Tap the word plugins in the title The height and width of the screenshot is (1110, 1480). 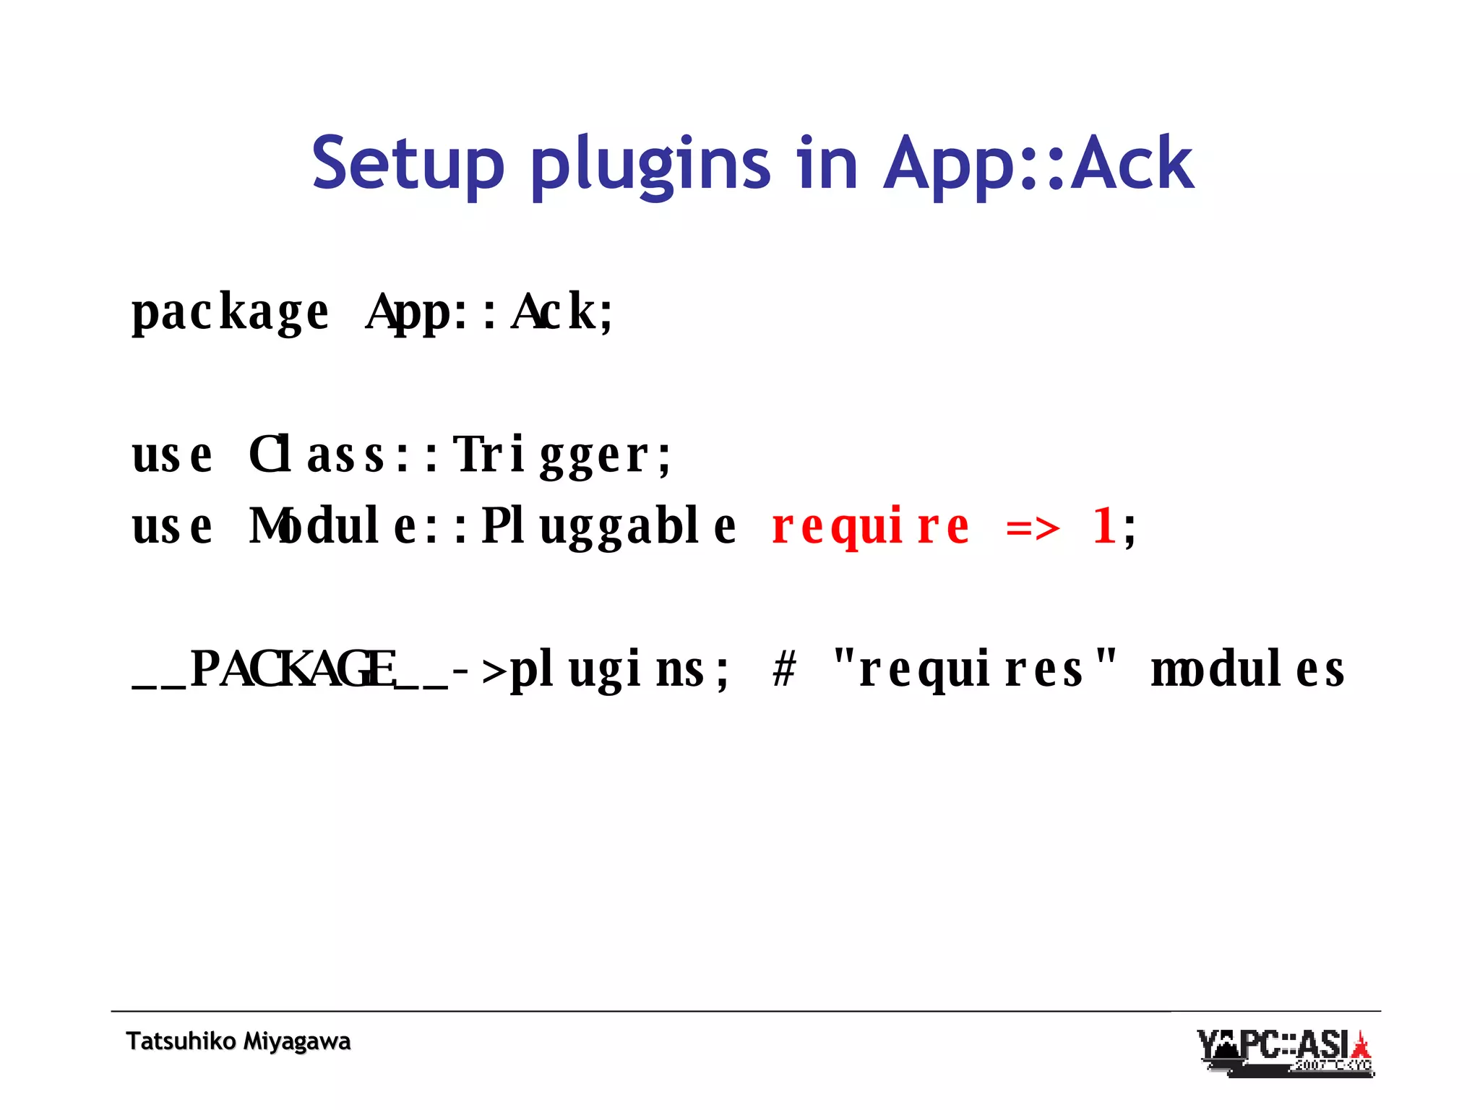tap(650, 165)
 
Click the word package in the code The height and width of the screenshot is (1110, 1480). tap(230, 312)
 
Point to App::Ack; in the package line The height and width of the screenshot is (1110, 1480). tap(490, 312)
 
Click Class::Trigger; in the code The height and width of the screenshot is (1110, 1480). tap(460, 455)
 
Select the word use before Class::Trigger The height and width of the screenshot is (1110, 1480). tap(172, 455)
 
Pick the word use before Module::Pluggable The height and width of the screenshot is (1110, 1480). tap(172, 526)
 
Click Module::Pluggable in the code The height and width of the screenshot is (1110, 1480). tap(492, 526)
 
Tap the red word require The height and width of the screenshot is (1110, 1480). tap(871, 526)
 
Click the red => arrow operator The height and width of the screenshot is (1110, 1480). tap(1033, 528)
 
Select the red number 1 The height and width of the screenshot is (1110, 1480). tap(1103, 526)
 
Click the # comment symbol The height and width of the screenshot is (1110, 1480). tap(784, 669)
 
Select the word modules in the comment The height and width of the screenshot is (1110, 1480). tap(1247, 669)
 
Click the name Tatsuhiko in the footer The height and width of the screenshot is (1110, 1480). tap(181, 1041)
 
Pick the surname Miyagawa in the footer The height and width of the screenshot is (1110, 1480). tap(296, 1041)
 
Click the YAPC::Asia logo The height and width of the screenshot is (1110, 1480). tap(1285, 1052)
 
